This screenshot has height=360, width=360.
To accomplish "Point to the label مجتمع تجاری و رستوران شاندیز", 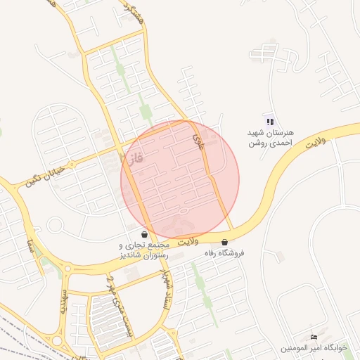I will [x=144, y=249].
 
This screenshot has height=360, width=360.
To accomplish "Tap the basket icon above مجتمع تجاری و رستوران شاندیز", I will [x=144, y=235].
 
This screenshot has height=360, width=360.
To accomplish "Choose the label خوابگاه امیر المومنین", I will [x=314, y=348].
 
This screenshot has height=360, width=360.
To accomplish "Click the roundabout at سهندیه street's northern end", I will [x=67, y=268].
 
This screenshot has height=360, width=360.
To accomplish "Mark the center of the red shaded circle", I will [x=180, y=180].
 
